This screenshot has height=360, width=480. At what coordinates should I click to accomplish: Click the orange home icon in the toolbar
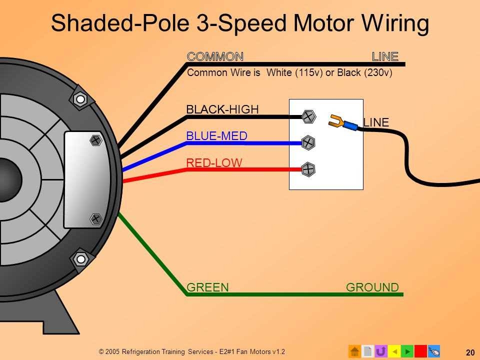pos(354,351)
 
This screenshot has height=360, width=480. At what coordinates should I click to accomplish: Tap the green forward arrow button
pos(407,351)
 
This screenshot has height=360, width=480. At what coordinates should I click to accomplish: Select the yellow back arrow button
pos(394,351)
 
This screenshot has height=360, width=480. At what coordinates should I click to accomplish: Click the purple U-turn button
pos(380,351)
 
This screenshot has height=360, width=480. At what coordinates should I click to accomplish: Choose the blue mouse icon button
pos(434,351)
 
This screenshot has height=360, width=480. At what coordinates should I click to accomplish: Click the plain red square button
pos(420,351)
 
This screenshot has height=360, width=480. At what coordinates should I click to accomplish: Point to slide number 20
pos(470,352)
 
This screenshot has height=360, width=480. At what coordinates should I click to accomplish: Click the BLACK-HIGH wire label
pos(222,109)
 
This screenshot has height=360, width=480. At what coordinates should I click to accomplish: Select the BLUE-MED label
pos(216,136)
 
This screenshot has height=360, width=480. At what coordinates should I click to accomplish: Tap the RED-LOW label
pos(214,162)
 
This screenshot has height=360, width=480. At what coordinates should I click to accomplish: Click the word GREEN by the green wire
pos(207,287)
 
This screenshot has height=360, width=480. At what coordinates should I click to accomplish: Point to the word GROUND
pos(372,287)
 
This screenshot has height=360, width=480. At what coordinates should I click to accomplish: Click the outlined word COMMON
pos(215,56)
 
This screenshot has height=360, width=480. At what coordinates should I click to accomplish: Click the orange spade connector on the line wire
pos(336,120)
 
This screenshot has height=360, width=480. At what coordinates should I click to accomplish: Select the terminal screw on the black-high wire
pos(309,117)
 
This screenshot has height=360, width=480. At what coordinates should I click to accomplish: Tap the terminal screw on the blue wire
pos(309,142)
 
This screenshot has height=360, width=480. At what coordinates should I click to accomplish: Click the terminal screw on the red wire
pos(308,169)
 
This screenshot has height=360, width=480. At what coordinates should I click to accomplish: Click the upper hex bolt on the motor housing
pos(79,99)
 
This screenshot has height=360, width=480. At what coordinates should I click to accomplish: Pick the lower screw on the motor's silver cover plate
pos(96,218)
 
